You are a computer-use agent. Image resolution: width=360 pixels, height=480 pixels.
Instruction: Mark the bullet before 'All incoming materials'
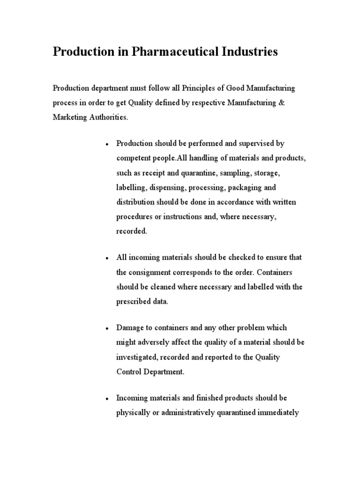tap(107, 258)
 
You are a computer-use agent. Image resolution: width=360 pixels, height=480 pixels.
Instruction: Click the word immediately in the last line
tap(276, 413)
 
